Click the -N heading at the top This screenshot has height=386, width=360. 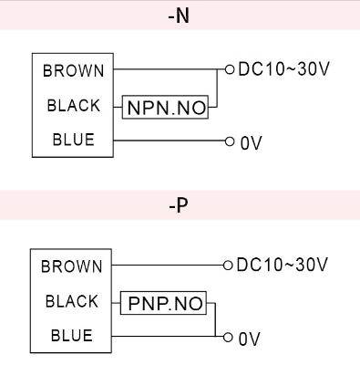[x=180, y=16]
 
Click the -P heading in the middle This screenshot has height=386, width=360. [x=180, y=207]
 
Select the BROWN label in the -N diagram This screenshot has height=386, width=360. [x=73, y=69]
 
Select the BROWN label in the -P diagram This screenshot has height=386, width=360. [x=73, y=266]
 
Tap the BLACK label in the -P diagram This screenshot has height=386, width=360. [x=73, y=299]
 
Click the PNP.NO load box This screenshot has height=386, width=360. [x=164, y=300]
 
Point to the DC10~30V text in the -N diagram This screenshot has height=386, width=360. [x=280, y=69]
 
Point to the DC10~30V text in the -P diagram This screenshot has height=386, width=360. [x=280, y=266]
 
